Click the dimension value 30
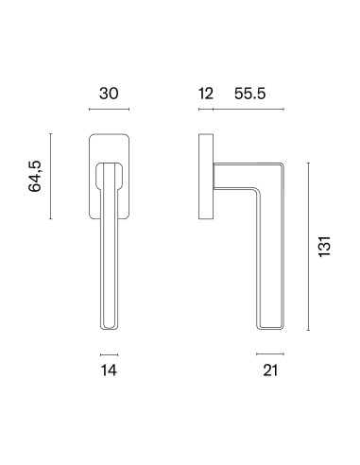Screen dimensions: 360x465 (x=109, y=94)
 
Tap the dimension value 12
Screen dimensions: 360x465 (x=206, y=94)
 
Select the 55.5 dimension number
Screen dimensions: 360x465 (x=250, y=94)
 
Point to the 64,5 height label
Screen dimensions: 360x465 (x=35, y=176)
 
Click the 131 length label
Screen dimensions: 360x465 (x=324, y=247)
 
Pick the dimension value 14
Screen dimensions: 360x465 (x=109, y=370)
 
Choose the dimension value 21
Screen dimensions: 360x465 (x=270, y=370)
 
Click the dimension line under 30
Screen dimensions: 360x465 (x=109, y=109)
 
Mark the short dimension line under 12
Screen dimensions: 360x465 (x=206, y=109)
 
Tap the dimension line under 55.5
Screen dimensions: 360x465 (x=249, y=109)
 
